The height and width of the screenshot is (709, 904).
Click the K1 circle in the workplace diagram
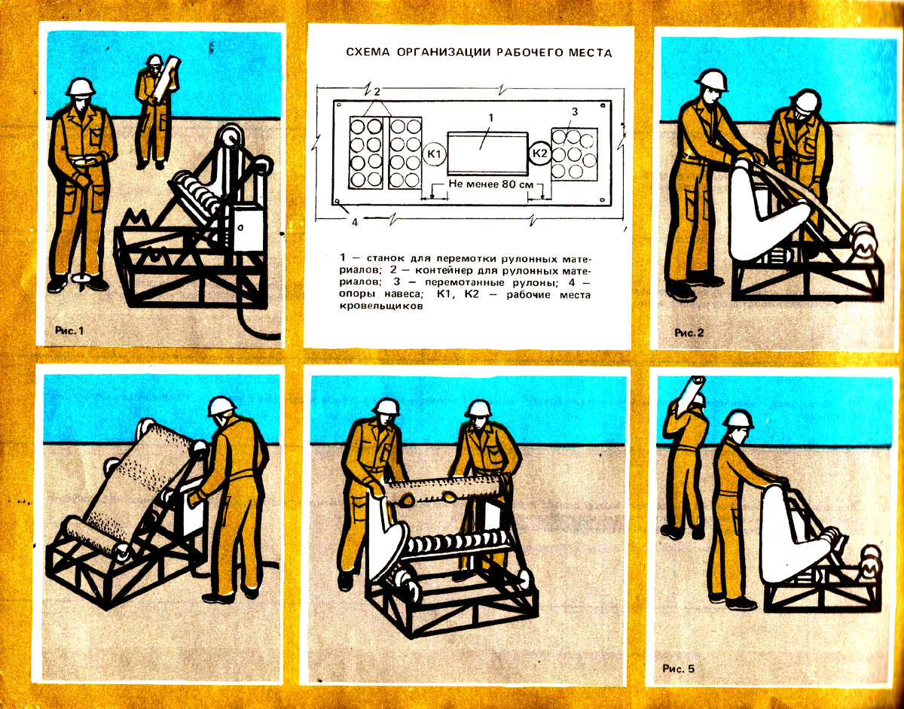(x=435, y=154)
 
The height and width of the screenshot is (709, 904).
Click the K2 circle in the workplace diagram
(x=539, y=154)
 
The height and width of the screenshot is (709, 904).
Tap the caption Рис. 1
(x=69, y=331)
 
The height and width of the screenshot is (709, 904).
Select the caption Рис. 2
(x=689, y=333)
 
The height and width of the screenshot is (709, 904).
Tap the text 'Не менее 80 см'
(x=491, y=184)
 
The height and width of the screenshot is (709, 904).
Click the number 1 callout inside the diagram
(x=491, y=118)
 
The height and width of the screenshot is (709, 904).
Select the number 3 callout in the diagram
(x=575, y=112)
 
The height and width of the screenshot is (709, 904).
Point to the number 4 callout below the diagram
(x=355, y=223)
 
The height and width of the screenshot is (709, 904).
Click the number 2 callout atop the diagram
(x=377, y=93)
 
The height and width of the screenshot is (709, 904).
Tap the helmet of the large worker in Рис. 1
(x=81, y=87)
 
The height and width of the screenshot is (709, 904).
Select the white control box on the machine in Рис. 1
(x=248, y=228)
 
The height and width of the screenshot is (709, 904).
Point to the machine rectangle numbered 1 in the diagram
(x=487, y=154)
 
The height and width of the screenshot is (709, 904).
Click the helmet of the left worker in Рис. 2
(x=713, y=81)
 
